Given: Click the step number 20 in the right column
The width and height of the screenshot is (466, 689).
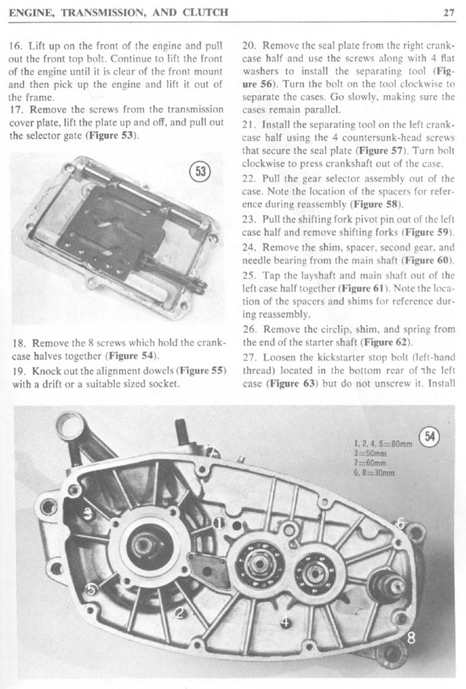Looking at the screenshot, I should point(250,47).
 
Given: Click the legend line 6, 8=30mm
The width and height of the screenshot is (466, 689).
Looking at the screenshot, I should point(375,473).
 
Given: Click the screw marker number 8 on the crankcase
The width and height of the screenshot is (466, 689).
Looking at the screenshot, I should point(411,638).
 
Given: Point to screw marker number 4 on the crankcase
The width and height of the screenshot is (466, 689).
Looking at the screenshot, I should point(285,621).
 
